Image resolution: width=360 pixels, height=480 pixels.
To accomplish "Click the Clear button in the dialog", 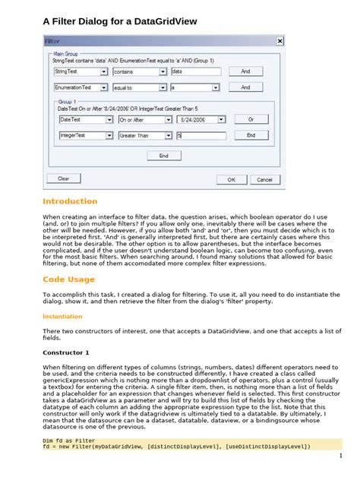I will pyautogui.click(x=64, y=178).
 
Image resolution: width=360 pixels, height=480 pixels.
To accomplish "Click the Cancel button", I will pyautogui.click(x=264, y=179).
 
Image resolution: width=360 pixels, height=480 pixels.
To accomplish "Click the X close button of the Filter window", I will pyautogui.click(x=279, y=40).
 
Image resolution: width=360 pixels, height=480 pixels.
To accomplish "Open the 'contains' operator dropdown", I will pyautogui.click(x=140, y=71).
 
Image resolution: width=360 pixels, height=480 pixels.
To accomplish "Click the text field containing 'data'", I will pyautogui.click(x=195, y=71).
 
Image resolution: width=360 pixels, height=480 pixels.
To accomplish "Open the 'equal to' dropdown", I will pyautogui.click(x=140, y=87).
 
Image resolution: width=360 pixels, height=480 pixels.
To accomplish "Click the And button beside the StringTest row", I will pyautogui.click(x=245, y=71).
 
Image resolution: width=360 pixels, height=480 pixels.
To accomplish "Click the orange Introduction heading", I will pyautogui.click(x=70, y=201).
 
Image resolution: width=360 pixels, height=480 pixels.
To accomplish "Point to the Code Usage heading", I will pyautogui.click(x=69, y=279).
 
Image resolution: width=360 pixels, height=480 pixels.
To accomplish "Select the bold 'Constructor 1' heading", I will pyautogui.click(x=65, y=352).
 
